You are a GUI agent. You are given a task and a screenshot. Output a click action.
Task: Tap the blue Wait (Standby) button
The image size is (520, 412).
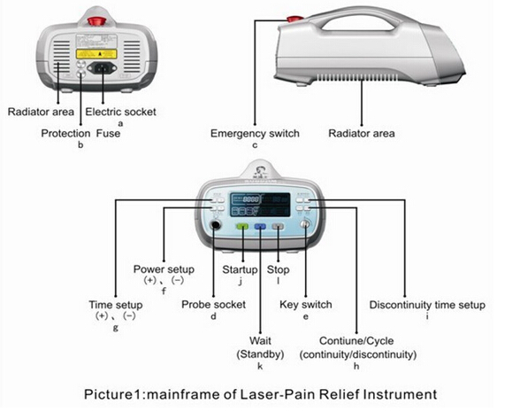(260, 227)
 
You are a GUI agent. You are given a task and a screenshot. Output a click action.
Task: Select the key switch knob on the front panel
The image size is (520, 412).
(306, 226)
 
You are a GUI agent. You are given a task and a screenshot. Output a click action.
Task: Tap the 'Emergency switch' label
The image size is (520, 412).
(255, 134)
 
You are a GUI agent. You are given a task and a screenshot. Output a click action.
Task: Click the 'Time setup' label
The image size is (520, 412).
(116, 305)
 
